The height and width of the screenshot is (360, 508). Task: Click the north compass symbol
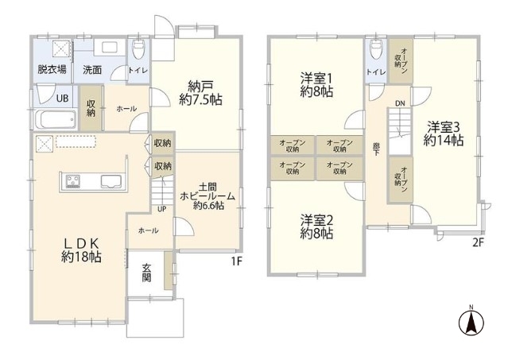(x=471, y=322)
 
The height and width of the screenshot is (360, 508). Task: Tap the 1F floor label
(x=237, y=261)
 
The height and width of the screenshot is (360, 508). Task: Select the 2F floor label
(x=479, y=242)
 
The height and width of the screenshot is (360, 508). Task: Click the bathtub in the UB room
(x=56, y=120)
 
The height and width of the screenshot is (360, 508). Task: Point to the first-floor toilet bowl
(x=138, y=49)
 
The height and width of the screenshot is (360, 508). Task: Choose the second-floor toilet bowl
(x=376, y=49)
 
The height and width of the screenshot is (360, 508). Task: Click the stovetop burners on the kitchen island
(x=73, y=181)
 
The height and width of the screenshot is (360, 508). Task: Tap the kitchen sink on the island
(x=111, y=182)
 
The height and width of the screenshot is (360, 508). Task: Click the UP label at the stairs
(x=162, y=209)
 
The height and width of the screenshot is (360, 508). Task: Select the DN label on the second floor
(x=400, y=103)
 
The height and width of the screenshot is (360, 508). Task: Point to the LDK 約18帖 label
(x=82, y=250)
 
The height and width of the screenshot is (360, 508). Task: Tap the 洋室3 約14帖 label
(x=443, y=134)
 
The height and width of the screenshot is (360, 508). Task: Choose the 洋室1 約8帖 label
(x=317, y=85)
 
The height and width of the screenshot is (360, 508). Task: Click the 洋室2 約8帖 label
(x=317, y=226)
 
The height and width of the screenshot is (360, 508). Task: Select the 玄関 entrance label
(x=147, y=273)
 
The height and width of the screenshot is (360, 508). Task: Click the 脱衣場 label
(x=52, y=69)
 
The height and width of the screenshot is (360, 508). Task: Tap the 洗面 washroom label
(x=92, y=70)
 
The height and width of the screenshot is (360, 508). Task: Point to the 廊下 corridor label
(x=376, y=149)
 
